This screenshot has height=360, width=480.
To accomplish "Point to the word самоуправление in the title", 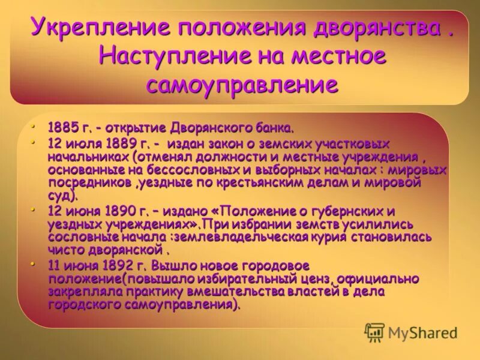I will pos(242,85).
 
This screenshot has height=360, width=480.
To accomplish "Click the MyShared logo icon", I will pos(374,331).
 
